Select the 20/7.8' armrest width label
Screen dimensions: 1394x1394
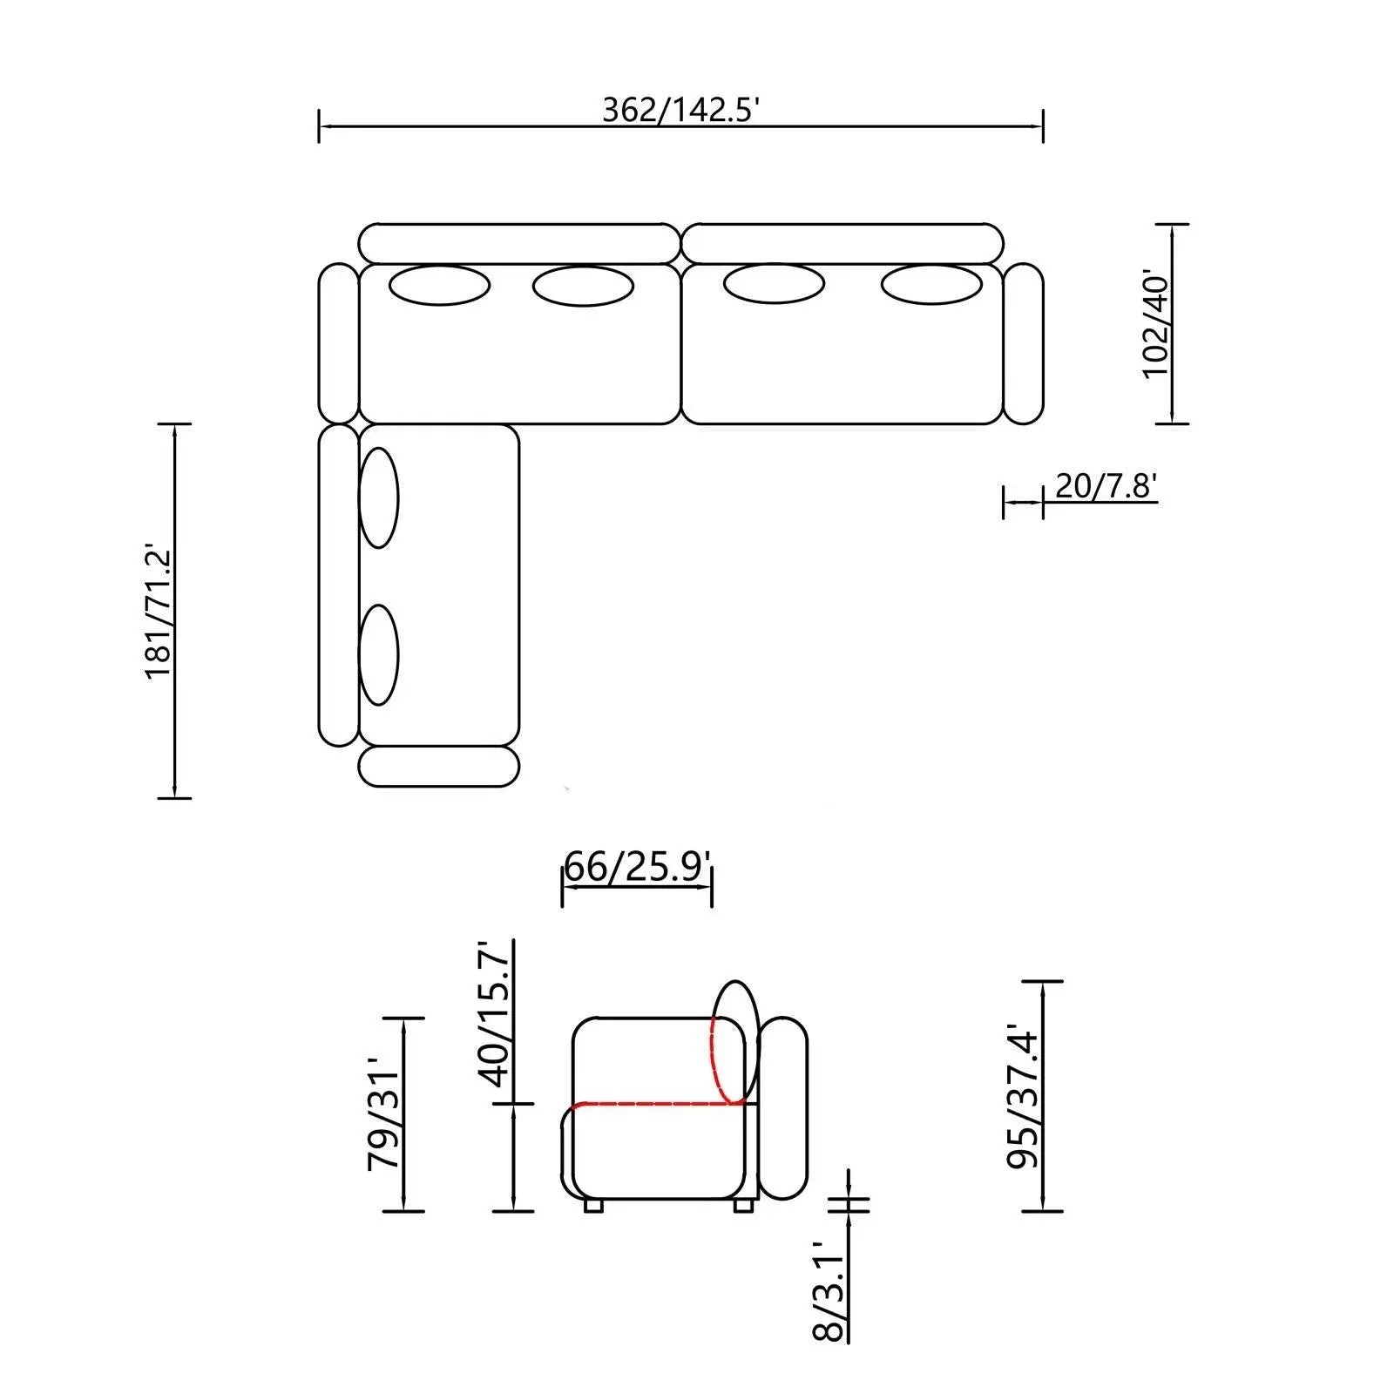pyautogui.click(x=1106, y=485)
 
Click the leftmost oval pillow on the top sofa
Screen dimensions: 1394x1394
pyautogui.click(x=439, y=286)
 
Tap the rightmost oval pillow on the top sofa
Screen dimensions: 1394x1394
pyautogui.click(x=931, y=285)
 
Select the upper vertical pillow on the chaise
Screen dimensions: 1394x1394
pyautogui.click(x=379, y=497)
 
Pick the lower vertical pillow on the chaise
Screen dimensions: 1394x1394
pyautogui.click(x=379, y=654)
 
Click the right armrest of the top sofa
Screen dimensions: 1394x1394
pyautogui.click(x=1023, y=344)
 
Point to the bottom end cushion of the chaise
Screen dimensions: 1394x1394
pyautogui.click(x=439, y=766)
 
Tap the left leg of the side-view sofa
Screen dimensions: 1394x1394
pyautogui.click(x=593, y=1206)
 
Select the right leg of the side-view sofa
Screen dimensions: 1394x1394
pyautogui.click(x=743, y=1206)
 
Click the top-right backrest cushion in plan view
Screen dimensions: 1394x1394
pyautogui.click(x=842, y=243)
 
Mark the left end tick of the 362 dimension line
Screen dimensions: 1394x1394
pyautogui.click(x=320, y=126)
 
